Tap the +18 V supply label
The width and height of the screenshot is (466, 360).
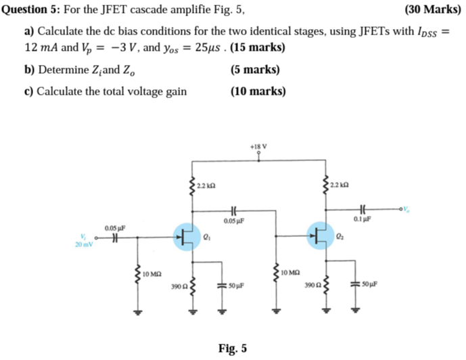click(x=258, y=145)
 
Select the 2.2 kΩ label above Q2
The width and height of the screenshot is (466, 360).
click(x=340, y=185)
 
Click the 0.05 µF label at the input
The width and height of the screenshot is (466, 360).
click(x=115, y=228)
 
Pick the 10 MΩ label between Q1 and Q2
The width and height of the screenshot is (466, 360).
click(x=289, y=273)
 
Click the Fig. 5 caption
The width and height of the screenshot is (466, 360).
click(x=233, y=348)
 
